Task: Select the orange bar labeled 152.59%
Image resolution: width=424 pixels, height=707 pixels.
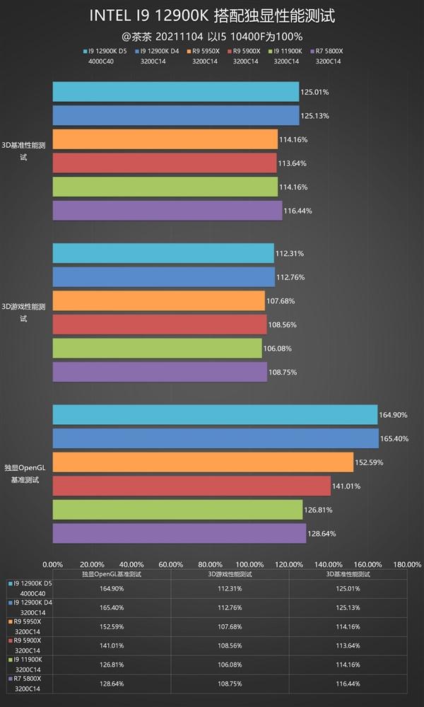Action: point(203,462)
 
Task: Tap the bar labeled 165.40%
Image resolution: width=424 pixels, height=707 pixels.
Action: point(216,438)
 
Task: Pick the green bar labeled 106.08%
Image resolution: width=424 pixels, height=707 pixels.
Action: point(157,348)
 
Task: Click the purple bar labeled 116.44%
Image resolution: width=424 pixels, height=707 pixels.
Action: point(167,211)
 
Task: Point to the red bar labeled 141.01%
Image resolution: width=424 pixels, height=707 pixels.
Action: point(192,486)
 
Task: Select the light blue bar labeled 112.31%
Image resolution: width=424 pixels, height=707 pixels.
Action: point(163,253)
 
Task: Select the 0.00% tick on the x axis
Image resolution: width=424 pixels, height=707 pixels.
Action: point(53,564)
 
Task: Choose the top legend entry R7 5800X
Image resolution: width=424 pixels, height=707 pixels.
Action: point(329,51)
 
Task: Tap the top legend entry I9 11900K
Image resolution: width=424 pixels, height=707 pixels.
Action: point(286,51)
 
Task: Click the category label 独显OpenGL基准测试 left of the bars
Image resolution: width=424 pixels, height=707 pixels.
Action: point(25,474)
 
